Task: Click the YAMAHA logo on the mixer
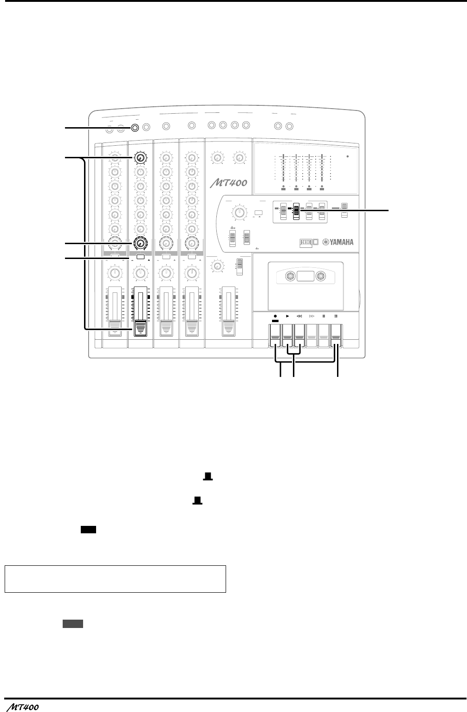coord(337,242)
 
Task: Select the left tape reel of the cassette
coord(290,277)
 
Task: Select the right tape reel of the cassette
coord(320,277)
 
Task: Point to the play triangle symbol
coord(287,316)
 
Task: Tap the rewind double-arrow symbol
coord(299,316)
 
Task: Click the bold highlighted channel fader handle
coord(140,327)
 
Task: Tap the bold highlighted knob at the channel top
coord(140,158)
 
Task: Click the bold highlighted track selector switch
coord(296,212)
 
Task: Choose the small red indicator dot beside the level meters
coord(348,157)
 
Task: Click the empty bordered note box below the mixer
coord(115,579)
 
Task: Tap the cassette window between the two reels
coord(305,277)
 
